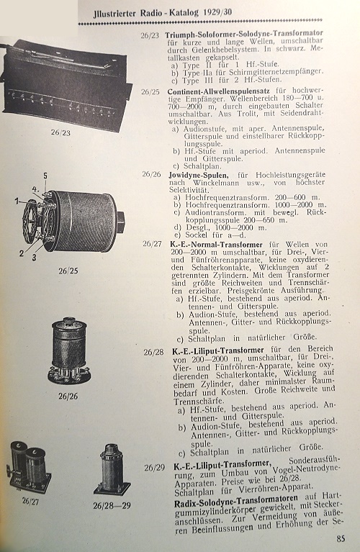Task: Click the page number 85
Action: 341,538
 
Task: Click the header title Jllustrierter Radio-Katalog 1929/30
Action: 163,13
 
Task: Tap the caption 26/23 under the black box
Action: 60,132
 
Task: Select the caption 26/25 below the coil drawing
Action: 68,271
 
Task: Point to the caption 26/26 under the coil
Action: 68,396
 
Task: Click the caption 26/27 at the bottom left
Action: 31,501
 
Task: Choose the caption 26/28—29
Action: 112,505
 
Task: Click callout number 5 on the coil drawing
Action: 45,176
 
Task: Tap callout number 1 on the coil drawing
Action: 17,202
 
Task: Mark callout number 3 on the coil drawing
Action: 34,258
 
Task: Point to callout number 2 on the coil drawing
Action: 22,253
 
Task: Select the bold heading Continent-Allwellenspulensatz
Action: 219,91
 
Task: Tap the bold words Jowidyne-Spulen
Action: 199,175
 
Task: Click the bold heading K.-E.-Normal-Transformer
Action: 217,244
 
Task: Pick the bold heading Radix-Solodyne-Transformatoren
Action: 236,501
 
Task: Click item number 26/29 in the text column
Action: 154,468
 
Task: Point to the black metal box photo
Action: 66,83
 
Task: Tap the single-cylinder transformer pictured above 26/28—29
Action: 112,469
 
